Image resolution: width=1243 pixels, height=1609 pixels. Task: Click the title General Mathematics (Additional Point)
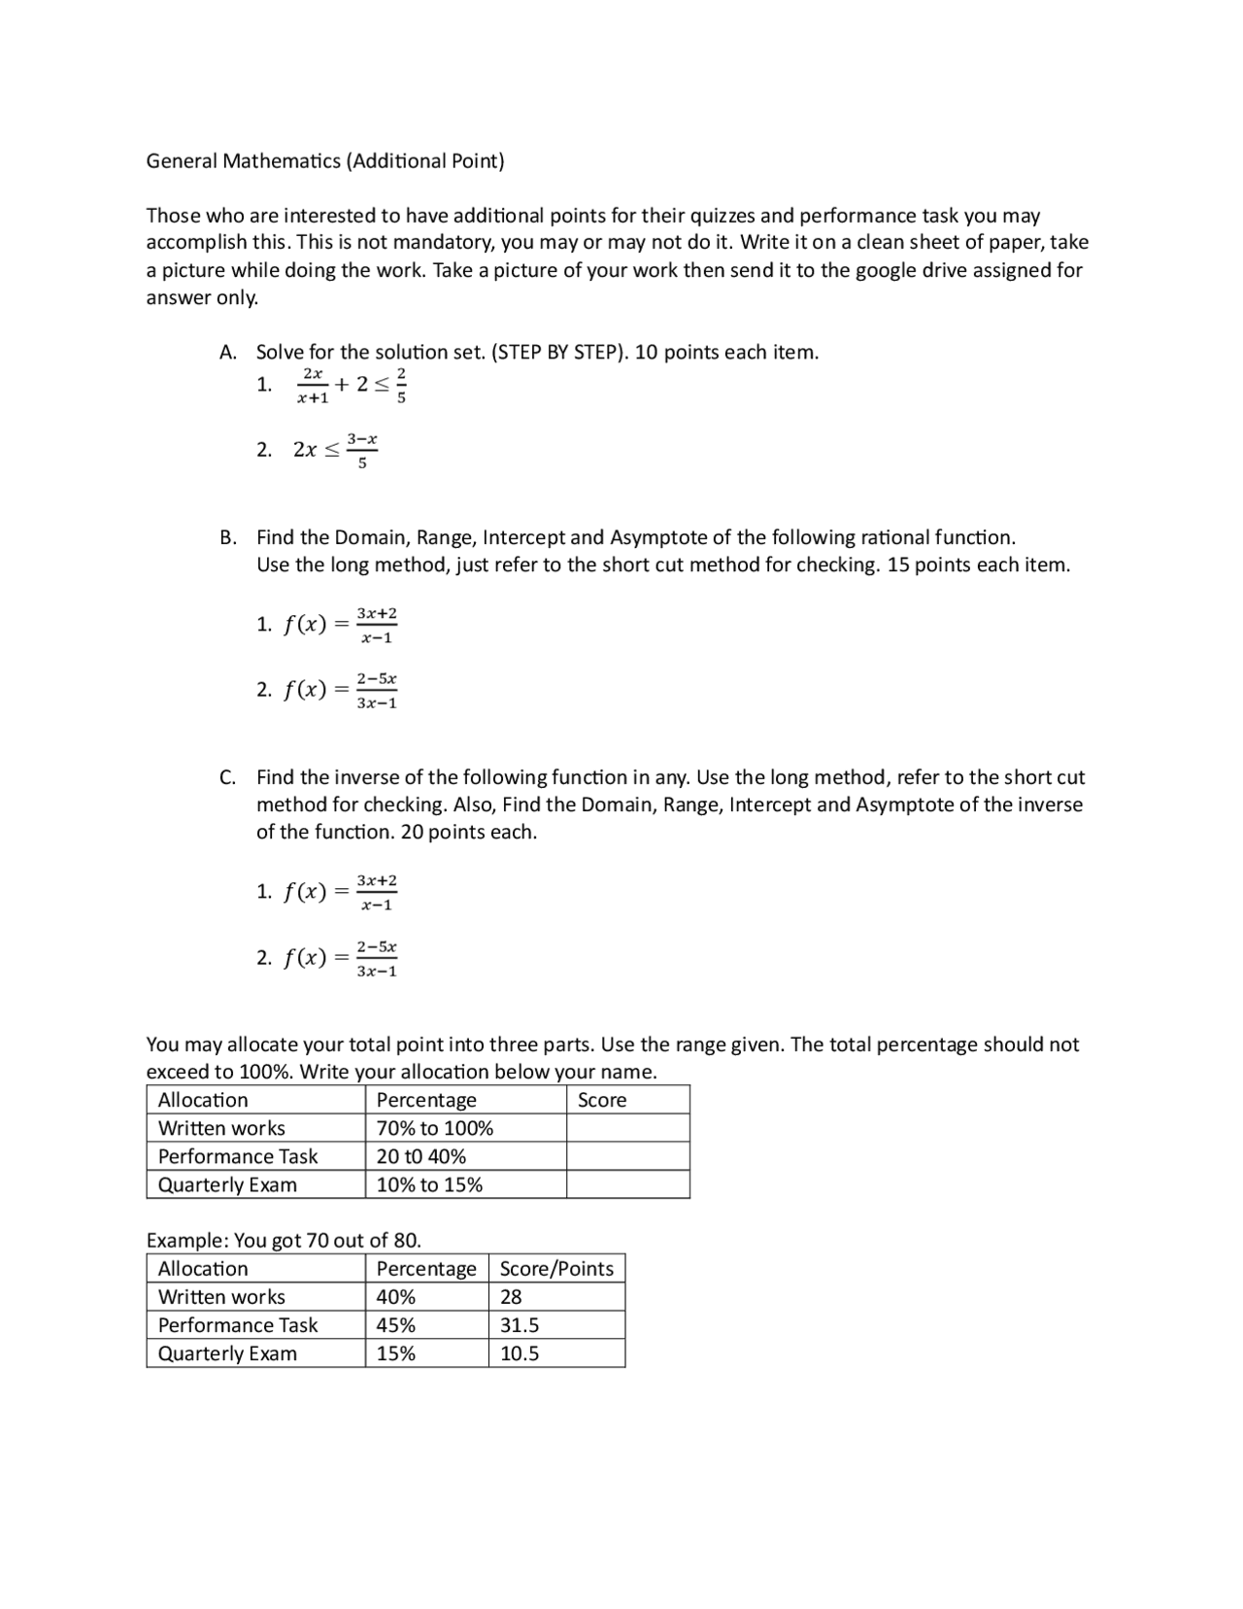point(325,161)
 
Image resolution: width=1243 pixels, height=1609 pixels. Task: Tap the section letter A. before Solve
point(228,353)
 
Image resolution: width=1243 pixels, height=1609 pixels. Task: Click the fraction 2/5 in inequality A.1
point(402,386)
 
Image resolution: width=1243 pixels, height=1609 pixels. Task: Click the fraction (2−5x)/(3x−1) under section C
point(377,959)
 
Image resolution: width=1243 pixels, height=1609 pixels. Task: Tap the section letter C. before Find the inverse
point(228,777)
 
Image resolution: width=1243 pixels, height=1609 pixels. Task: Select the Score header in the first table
point(602,1101)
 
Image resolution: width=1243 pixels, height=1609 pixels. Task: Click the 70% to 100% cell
point(435,1129)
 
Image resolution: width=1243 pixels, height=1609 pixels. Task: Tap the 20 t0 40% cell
point(421,1157)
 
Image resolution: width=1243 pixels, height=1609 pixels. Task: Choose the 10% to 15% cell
point(429,1185)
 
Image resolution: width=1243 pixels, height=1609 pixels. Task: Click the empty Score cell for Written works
point(627,1129)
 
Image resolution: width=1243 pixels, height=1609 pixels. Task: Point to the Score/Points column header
point(556,1269)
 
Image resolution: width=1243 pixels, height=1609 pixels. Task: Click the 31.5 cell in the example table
point(520,1326)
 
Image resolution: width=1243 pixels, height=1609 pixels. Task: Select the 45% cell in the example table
point(396,1326)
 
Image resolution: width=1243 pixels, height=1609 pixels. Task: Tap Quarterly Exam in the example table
point(227,1354)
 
